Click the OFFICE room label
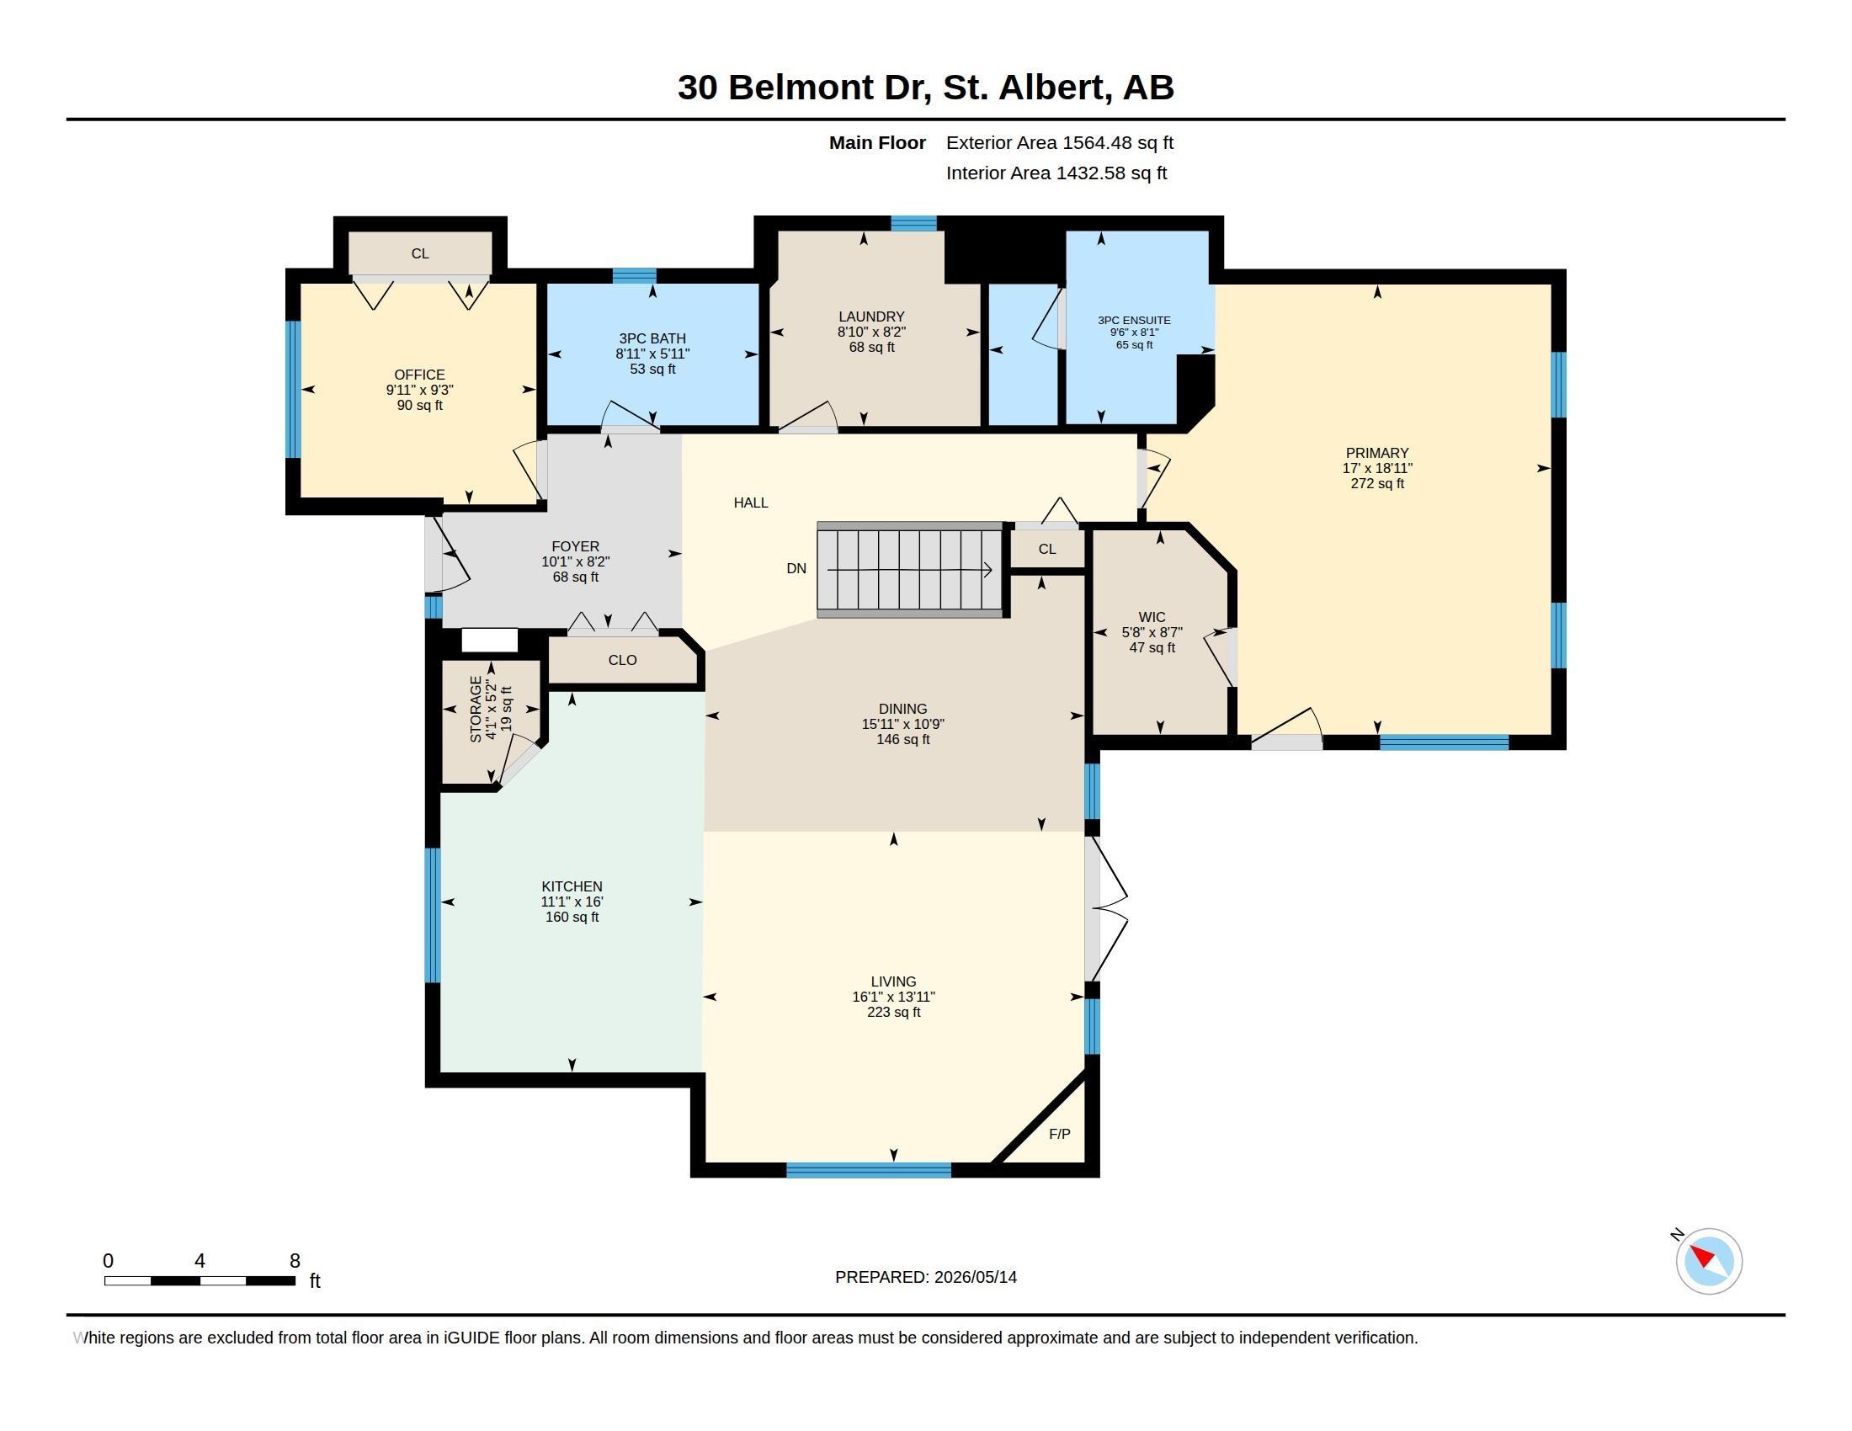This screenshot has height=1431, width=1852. pos(419,375)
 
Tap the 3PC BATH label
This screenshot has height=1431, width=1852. pos(652,338)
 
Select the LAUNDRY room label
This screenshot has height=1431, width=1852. pos(872,317)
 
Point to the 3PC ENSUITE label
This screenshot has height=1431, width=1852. pos(1134,321)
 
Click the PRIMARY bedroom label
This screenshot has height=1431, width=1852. pos(1377,453)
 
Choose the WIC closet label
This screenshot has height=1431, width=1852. pos(1152,617)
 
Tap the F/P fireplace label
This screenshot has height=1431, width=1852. pos(1059,1134)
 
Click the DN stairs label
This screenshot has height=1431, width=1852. pos(796,568)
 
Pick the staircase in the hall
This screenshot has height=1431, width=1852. pos(911,570)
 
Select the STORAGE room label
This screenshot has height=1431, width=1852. pos(476,709)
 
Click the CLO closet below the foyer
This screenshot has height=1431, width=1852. pos(622,660)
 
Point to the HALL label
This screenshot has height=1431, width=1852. pos(750,503)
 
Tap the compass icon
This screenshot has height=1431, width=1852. pos(1708,1261)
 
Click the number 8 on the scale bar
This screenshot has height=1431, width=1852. pos(295,1261)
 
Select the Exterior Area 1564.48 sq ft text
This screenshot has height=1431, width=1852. pos(1059,142)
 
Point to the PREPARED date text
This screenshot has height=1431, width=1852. pos(926,1277)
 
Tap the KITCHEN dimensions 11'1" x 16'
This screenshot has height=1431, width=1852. pos(572,902)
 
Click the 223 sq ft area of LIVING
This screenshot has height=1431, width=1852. pos(894,1012)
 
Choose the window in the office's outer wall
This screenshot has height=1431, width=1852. pos(293,389)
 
